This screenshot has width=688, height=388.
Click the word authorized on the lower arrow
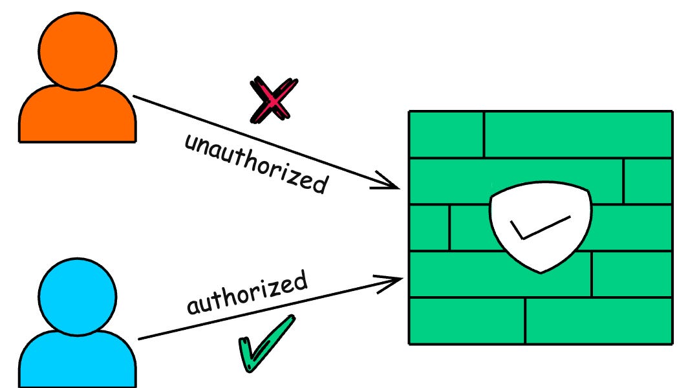click(246, 293)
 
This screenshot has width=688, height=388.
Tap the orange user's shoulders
click(78, 116)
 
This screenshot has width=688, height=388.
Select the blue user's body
click(78, 359)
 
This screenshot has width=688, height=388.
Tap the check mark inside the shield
click(537, 228)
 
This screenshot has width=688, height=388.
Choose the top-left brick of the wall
click(446, 134)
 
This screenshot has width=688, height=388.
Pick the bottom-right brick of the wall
click(599, 321)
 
